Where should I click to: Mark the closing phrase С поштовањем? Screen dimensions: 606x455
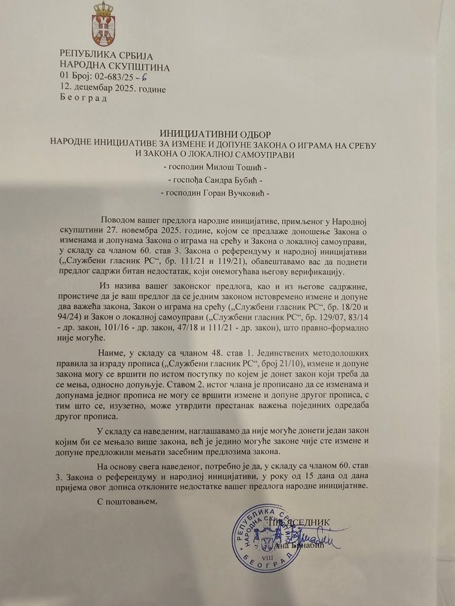(x=127, y=502)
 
